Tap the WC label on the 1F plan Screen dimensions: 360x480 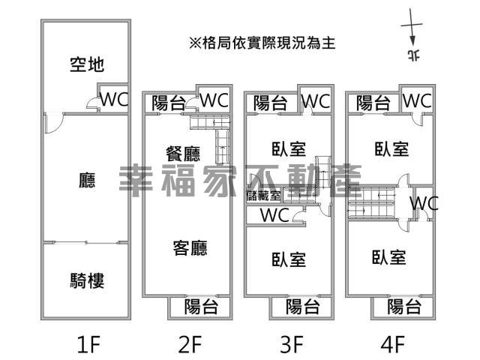pos(115,100)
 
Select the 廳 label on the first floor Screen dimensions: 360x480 pos(86,180)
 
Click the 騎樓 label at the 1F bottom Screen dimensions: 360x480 pos(86,281)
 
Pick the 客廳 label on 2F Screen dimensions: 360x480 pos(190,247)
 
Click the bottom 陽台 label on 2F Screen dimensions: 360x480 pos(201,306)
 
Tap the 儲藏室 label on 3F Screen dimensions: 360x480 pos(263,196)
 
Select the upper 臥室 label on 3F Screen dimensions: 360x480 pos(289,148)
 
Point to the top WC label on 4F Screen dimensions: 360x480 pos(416,100)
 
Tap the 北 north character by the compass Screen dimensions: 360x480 pos(412,55)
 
